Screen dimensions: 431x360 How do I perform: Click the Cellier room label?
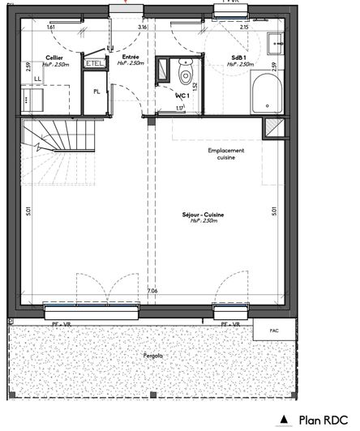(32, 58)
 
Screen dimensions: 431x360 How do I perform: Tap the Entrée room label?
(130, 58)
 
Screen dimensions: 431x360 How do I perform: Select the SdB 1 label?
(239, 58)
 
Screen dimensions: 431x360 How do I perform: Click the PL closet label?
(96, 92)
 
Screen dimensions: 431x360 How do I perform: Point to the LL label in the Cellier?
(38, 79)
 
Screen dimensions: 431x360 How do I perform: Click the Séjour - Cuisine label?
(203, 215)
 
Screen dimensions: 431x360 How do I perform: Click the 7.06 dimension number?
(152, 292)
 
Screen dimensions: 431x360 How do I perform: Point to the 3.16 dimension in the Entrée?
(143, 28)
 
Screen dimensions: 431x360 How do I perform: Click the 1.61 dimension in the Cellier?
(51, 28)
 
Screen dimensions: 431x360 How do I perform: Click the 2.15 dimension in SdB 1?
(244, 28)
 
